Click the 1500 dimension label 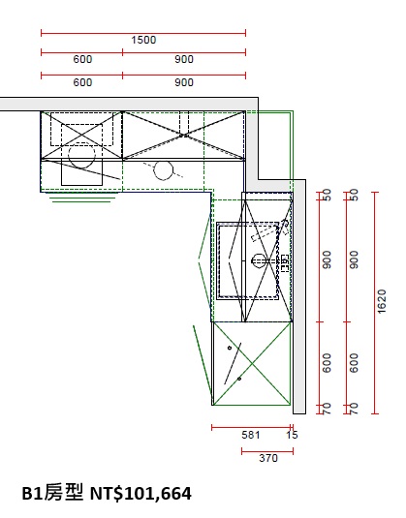pos(143,40)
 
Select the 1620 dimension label pos(382,301)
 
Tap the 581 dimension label pos(251,435)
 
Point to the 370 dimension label pos(268,458)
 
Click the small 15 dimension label pos(292,435)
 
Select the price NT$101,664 pos(141,494)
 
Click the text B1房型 pos(52,493)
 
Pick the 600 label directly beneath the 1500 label pos(82,59)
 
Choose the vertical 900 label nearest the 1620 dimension pos(354,259)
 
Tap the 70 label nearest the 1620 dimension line pos(354,409)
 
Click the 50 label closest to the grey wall pos(327,195)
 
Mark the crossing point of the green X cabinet pos(252,364)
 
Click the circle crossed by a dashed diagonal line pos(163,170)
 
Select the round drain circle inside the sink pos(259,261)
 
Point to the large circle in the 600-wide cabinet pos(81,155)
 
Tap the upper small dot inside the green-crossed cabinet pos(230,348)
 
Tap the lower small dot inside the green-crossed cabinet pos(239,379)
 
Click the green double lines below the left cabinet pos(82,199)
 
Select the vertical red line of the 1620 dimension pos(375,303)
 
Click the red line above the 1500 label pos(143,33)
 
